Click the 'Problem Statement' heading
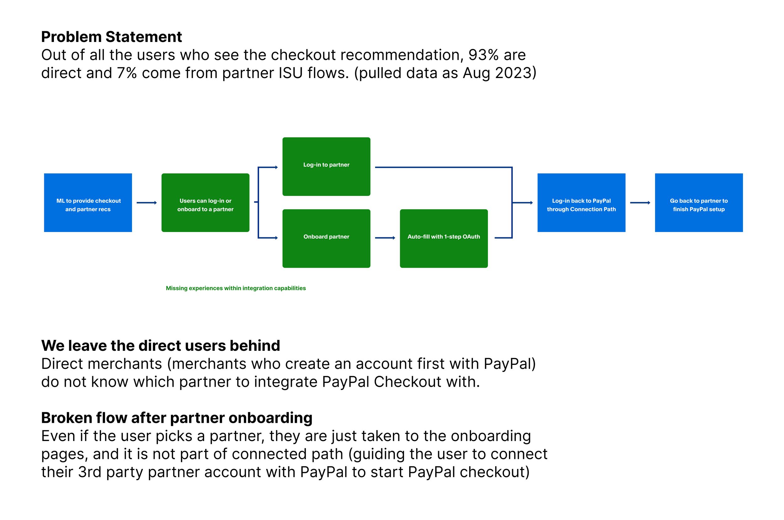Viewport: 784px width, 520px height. [111, 37]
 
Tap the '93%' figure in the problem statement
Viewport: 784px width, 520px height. [483, 55]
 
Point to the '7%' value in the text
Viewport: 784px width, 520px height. [127, 73]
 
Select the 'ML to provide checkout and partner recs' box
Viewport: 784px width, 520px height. [88, 202]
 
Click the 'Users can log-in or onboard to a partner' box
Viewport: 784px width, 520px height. [205, 202]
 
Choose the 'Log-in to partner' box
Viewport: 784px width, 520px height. [326, 166]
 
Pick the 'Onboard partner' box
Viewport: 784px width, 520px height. [326, 239]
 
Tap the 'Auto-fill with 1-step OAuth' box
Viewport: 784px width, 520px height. [444, 239]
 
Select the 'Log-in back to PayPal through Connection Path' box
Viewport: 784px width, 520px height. [581, 202]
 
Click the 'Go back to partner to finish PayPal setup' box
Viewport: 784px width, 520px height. [699, 202]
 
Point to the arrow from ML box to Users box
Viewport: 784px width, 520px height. [147, 202]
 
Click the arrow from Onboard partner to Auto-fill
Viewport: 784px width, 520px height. [385, 238]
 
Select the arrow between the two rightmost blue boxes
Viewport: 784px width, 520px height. [640, 202]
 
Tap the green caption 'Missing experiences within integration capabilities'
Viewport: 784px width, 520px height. [236, 288]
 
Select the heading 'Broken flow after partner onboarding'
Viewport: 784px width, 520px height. [177, 418]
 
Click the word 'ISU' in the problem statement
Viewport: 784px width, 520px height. [290, 73]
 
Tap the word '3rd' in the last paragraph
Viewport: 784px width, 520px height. [90, 472]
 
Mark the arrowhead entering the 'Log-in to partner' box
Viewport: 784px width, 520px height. [276, 167]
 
